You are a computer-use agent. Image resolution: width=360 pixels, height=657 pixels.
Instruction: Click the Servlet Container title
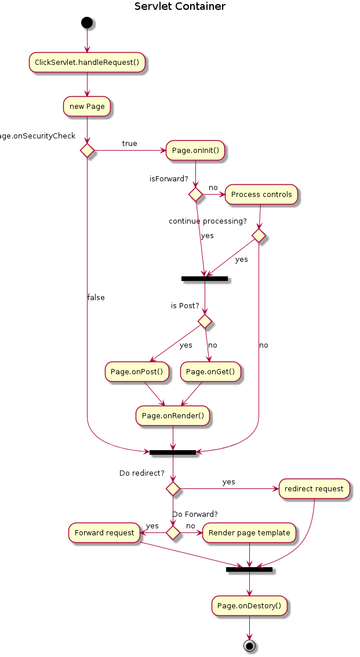coord(180,7)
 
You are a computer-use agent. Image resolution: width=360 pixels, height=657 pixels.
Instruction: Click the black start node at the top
coord(87,23)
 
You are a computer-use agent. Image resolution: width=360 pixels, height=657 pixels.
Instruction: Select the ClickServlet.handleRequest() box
coord(87,62)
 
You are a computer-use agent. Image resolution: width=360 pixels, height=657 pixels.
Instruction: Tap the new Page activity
coord(87,107)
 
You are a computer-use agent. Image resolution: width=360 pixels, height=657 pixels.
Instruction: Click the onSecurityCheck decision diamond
coord(87,151)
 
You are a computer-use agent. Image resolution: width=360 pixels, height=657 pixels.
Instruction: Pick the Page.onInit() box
coord(195,151)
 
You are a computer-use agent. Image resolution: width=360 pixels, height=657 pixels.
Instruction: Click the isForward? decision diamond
coord(196,195)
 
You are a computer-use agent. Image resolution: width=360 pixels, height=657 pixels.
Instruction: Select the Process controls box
coord(261,195)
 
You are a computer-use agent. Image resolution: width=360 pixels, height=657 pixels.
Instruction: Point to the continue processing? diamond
coord(259,236)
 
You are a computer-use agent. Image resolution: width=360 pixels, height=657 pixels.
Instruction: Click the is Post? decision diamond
coord(205,320)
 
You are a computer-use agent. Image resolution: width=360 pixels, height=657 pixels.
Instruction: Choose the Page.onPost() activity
coord(136,372)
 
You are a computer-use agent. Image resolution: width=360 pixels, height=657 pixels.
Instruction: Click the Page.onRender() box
coord(173,415)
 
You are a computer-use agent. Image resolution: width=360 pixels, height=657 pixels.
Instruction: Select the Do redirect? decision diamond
coord(173,488)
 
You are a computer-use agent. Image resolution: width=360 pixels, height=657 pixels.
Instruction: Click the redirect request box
coord(314,488)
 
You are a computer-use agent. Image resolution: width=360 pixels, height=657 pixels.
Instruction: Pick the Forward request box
coord(105,532)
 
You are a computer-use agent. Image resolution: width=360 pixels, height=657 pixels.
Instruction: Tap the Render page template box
coord(249,532)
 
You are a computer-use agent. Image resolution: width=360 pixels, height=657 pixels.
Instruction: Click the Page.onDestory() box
coord(249,606)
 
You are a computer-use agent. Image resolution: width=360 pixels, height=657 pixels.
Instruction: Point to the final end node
coord(249,645)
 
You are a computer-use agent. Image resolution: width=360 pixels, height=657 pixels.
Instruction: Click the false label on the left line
coord(96,298)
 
